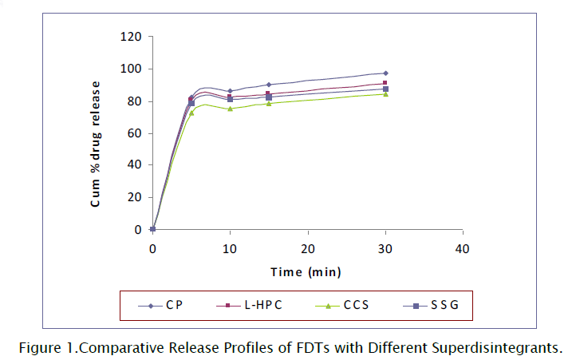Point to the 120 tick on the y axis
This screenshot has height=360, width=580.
coord(132,37)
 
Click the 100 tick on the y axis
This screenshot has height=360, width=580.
coord(132,69)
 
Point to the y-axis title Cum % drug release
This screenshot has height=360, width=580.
coord(95,144)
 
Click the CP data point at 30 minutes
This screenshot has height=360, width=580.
coord(385,73)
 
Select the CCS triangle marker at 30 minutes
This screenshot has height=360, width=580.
coord(385,94)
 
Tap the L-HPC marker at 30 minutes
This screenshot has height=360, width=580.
coord(385,83)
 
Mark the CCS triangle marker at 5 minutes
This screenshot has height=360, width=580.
coord(191,113)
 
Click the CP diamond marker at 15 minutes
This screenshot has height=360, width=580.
coord(269,85)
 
